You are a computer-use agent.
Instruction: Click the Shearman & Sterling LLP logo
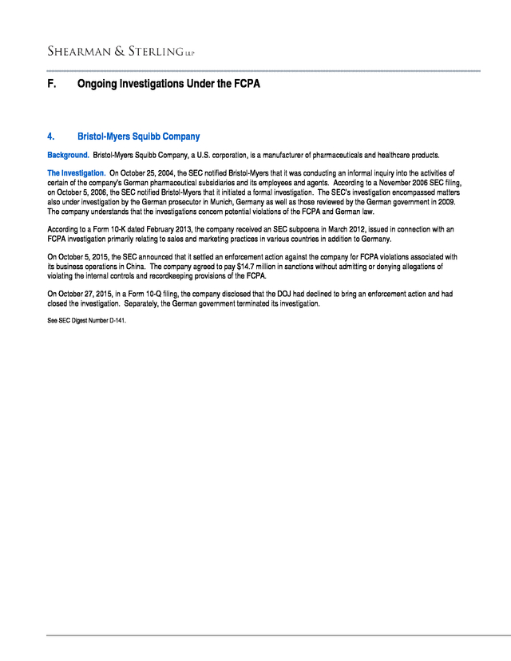[x=121, y=52]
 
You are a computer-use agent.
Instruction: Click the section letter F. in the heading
[x=52, y=84]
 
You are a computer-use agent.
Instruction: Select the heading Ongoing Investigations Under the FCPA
[x=168, y=84]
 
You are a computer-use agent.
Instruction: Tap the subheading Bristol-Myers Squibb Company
[x=138, y=137]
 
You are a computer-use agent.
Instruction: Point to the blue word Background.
[x=68, y=154]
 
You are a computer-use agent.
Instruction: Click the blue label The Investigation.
[x=77, y=172]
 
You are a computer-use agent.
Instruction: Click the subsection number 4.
[x=51, y=137]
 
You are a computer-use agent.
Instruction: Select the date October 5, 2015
[x=85, y=256]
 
